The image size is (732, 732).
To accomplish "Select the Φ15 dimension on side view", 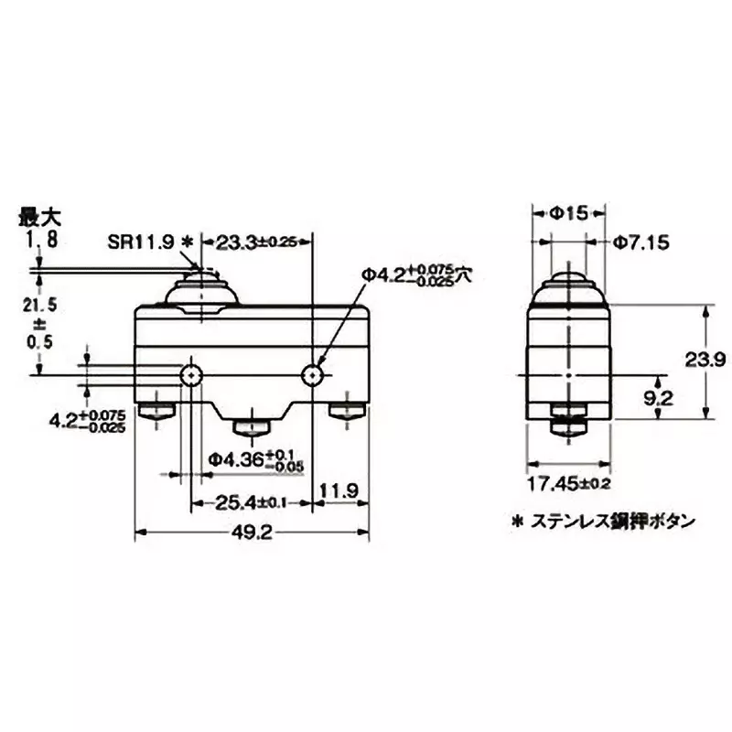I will tap(569, 212).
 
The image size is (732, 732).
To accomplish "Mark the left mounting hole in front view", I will tap(191, 374).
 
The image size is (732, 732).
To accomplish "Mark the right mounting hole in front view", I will tap(313, 374).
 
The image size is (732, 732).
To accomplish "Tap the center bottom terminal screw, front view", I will tap(252, 427).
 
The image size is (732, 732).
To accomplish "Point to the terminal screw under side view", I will tap(568, 425).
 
